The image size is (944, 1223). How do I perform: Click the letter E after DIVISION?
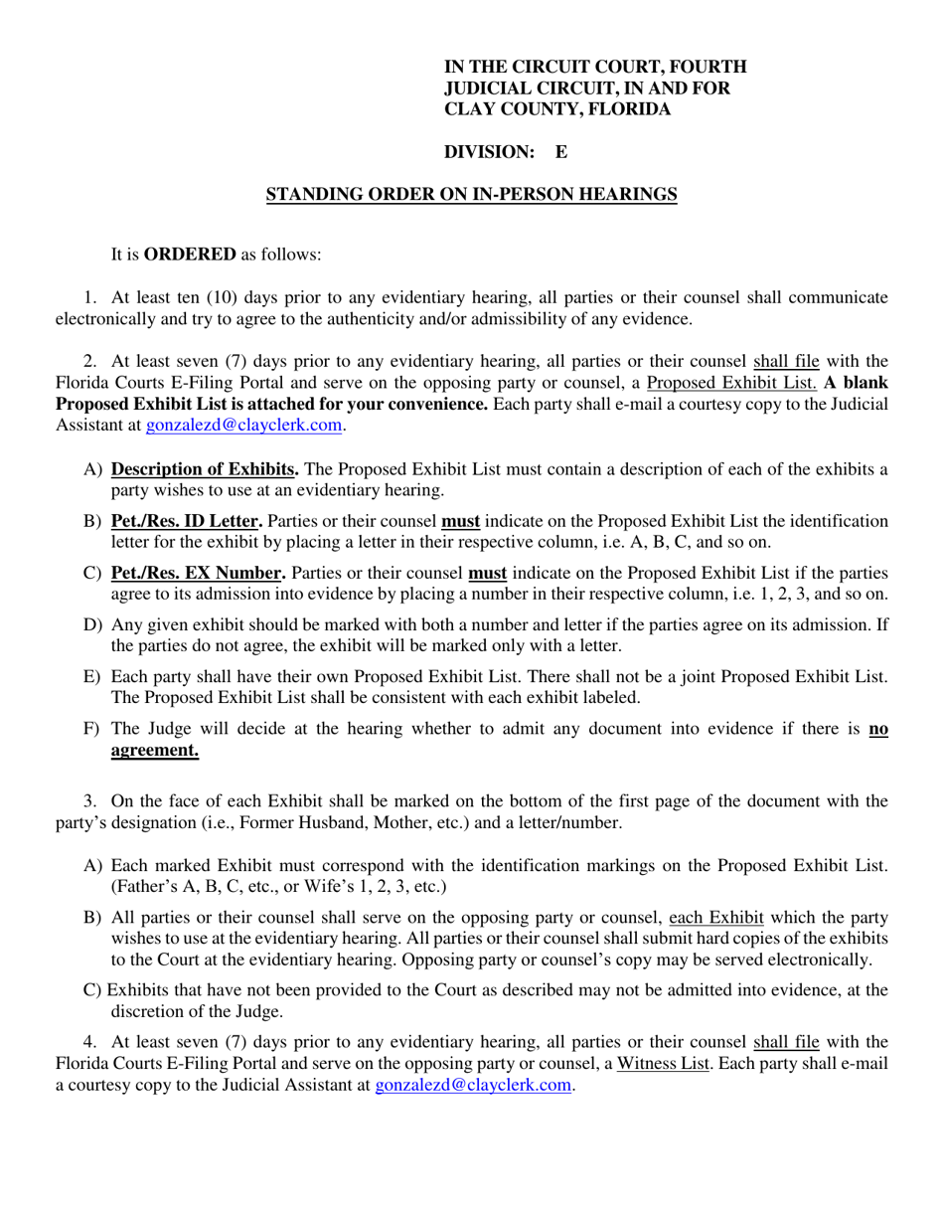pos(560,152)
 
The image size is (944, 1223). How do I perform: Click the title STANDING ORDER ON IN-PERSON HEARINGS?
pos(472,195)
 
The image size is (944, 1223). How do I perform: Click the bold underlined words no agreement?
pos(155,752)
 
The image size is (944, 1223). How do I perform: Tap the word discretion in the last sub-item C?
pos(150,1012)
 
